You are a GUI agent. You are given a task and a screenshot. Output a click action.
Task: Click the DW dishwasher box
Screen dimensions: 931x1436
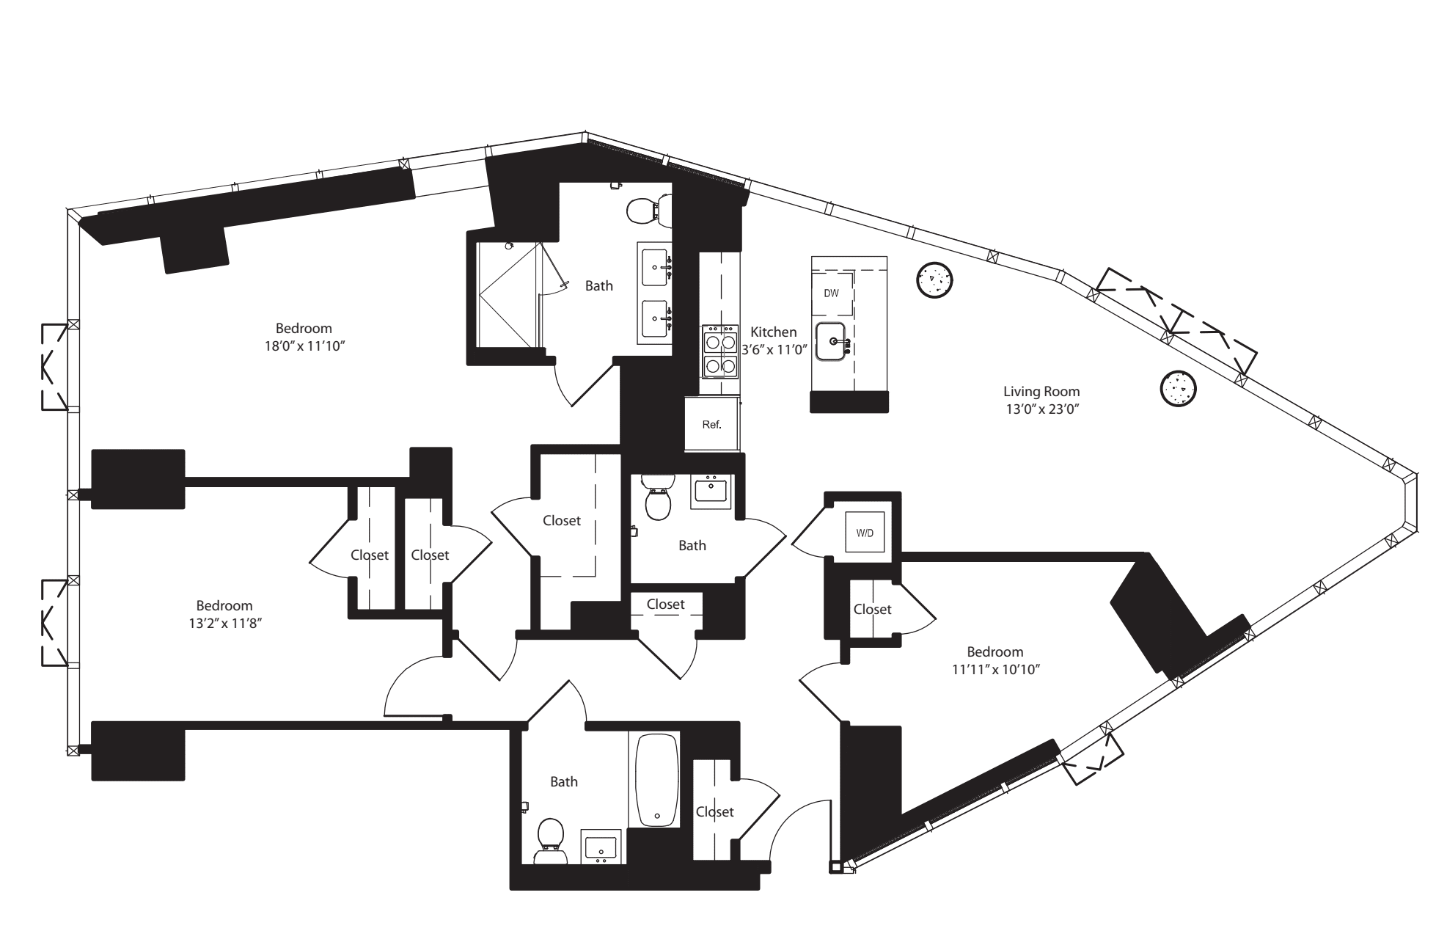coord(831,293)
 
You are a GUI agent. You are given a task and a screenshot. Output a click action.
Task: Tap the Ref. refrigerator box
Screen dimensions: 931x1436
coord(711,424)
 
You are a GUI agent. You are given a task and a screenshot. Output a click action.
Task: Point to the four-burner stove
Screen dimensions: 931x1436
coord(719,352)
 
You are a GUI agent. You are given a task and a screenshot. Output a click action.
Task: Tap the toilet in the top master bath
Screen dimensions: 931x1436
coord(645,211)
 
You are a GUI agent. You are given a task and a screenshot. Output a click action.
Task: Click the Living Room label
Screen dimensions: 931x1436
coord(1041,392)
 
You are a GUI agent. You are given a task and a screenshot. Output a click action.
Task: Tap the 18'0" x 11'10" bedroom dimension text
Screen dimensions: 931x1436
coord(304,346)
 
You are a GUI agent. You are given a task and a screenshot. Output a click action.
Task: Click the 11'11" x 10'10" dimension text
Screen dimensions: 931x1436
coord(995,669)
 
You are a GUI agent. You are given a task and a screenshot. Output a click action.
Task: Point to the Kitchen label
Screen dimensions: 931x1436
coord(773,332)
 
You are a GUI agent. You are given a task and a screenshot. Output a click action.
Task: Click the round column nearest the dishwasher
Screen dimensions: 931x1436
coord(935,280)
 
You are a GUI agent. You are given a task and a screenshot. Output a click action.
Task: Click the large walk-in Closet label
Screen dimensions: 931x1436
coord(562,520)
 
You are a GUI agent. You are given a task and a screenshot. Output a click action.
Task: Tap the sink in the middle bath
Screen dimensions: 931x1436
coord(711,491)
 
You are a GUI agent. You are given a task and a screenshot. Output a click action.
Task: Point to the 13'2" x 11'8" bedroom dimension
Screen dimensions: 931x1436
coord(224,623)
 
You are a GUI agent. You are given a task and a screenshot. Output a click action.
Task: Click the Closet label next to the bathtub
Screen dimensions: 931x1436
coord(714,811)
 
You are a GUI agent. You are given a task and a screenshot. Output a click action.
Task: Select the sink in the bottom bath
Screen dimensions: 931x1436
coord(602,847)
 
